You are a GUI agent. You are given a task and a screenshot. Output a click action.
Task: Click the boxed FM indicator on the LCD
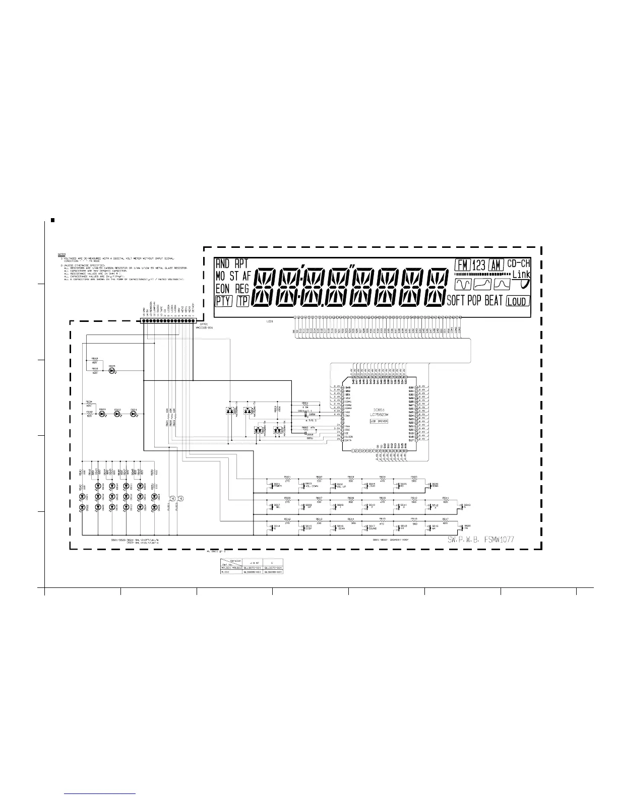(461, 264)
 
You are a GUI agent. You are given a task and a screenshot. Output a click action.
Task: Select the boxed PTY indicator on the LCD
(223, 301)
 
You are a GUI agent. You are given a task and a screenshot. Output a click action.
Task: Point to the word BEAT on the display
(493, 301)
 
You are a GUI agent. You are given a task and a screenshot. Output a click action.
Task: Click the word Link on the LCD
(521, 275)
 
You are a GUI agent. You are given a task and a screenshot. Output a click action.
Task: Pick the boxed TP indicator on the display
(243, 301)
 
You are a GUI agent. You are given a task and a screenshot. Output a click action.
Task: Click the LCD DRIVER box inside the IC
(379, 421)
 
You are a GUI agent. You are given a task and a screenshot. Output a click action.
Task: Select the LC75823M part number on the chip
(379, 414)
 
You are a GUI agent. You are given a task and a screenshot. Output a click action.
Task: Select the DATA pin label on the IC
(348, 440)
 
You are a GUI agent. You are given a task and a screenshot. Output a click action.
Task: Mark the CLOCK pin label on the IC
(349, 436)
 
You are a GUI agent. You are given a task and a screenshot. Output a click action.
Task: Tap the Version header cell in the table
(235, 561)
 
